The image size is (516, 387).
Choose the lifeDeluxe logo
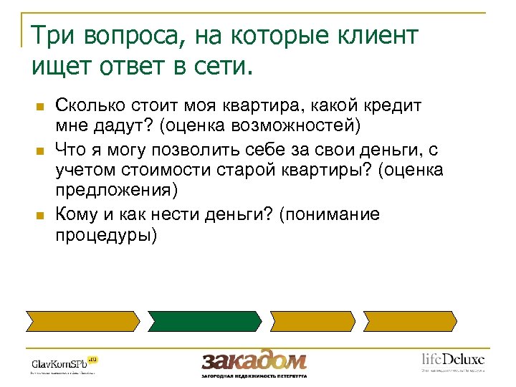(452, 360)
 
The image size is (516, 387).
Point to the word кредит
(394, 106)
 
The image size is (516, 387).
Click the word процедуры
(103, 235)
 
